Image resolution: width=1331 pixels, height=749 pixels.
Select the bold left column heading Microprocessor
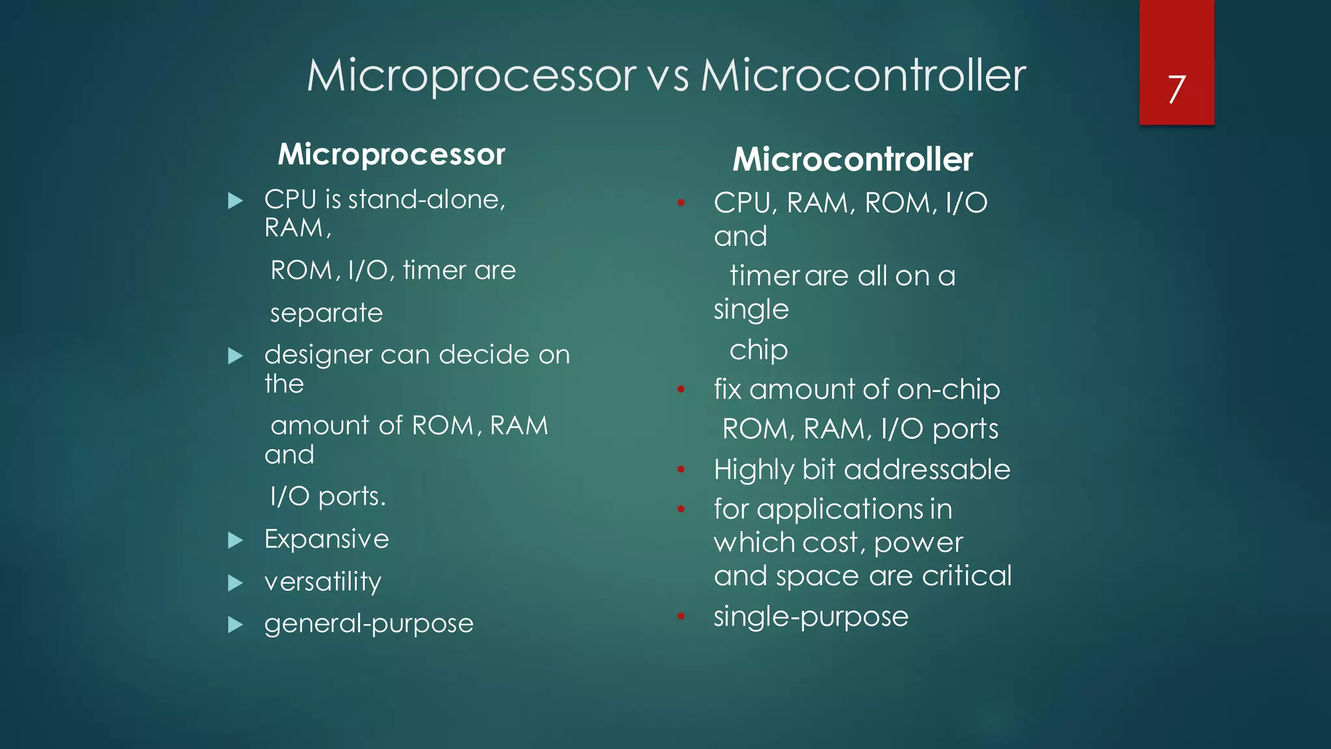(391, 155)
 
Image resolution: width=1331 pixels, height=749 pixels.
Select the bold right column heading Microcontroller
(853, 159)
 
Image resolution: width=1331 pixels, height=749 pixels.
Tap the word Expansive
(326, 539)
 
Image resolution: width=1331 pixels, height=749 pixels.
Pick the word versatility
(322, 581)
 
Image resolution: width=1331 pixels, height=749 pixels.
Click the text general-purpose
(368, 624)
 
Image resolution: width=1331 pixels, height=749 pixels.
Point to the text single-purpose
(810, 616)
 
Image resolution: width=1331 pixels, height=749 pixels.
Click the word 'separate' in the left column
(326, 313)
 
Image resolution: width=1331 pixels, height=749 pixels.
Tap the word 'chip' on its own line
(758, 350)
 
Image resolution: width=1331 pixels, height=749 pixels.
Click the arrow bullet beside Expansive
(235, 540)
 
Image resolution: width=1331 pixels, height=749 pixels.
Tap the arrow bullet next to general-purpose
(235, 625)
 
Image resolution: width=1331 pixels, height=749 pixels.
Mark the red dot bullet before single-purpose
(680, 616)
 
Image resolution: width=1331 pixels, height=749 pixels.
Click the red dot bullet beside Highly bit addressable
(680, 469)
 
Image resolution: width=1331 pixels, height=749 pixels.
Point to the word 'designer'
(318, 355)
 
